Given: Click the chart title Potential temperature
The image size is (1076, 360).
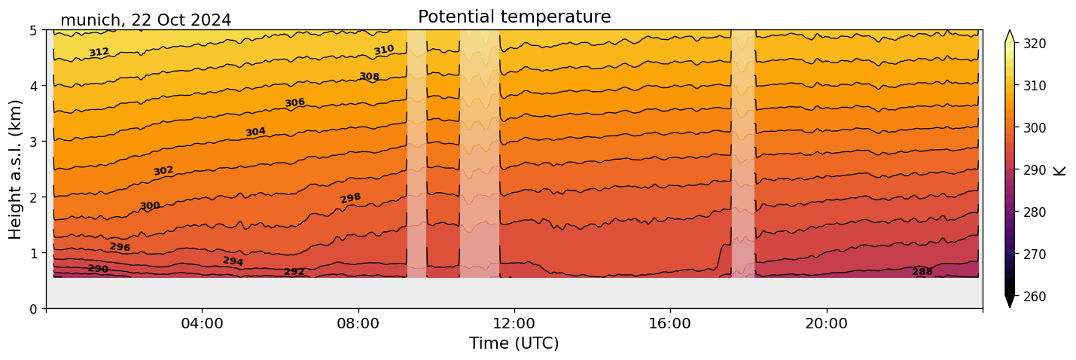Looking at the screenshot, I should [x=514, y=17].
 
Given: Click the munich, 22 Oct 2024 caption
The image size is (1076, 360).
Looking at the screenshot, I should [x=145, y=20].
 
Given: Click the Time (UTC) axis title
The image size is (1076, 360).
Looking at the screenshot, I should [x=514, y=343].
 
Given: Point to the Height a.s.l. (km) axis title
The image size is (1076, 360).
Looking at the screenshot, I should [x=16, y=169].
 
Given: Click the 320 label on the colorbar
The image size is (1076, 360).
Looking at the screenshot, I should [x=1034, y=44].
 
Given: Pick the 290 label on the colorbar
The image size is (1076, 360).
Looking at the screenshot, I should [x=1034, y=170].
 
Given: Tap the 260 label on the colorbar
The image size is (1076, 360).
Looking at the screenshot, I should [x=1034, y=297].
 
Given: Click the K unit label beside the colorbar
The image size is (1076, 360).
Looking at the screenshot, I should [x=1060, y=170].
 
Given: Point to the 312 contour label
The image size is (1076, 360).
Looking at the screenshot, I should [x=99, y=52].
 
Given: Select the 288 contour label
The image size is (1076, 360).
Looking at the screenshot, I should [x=922, y=272].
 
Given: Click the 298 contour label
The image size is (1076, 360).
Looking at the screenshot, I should [x=350, y=198].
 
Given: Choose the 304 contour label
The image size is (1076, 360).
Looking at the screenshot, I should [x=255, y=133].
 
